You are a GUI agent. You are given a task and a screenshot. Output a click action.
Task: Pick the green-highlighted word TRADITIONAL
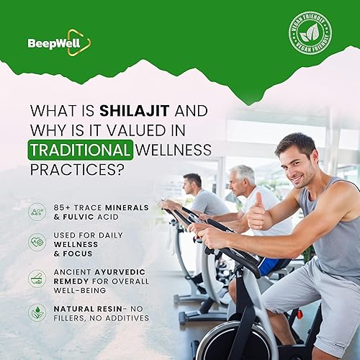[81, 150]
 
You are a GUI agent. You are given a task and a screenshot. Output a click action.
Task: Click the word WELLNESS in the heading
[174, 150]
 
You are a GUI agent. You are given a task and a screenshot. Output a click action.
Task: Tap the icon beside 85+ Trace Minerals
[37, 212]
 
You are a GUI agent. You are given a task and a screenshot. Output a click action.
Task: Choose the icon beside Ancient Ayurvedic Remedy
[37, 278]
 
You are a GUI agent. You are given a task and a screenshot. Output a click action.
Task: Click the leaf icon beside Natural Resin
[37, 312]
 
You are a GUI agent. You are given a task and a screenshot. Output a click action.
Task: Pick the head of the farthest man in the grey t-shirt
[192, 184]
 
